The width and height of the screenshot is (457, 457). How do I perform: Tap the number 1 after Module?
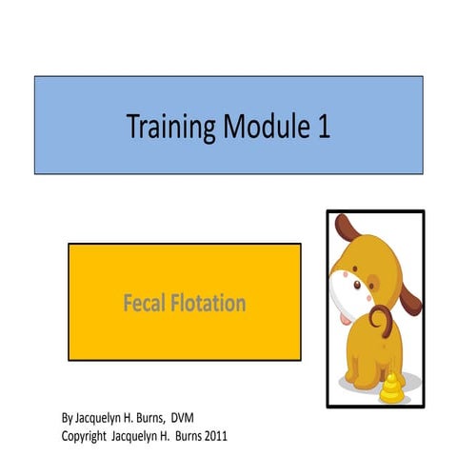325,127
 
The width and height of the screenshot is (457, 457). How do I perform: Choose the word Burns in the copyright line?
180,435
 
